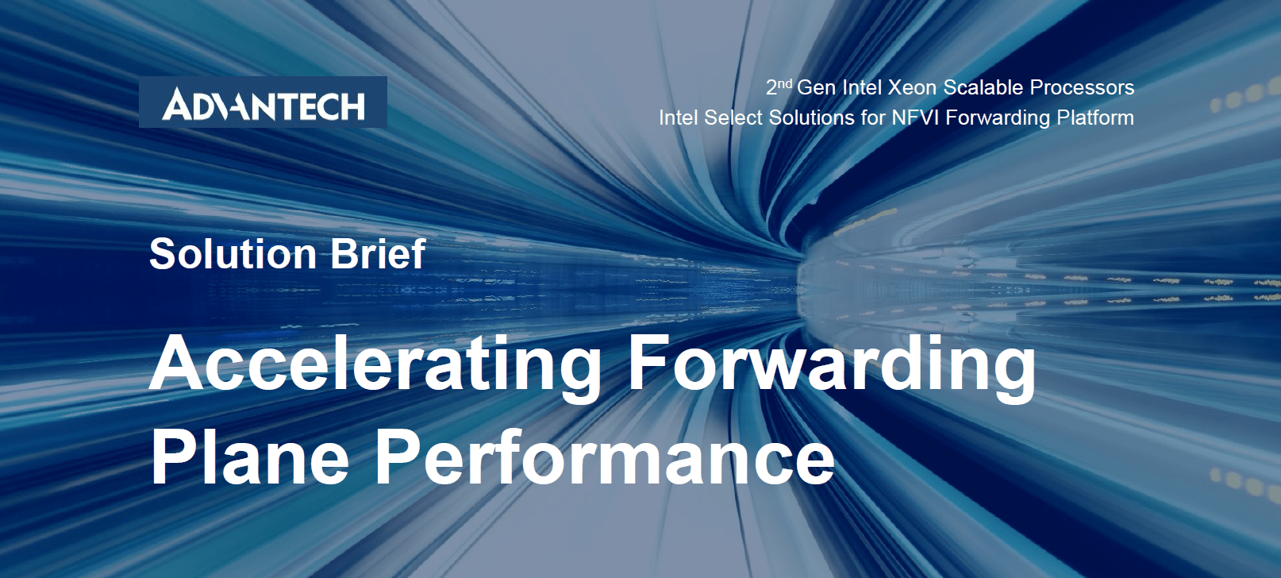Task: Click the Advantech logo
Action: tap(263, 102)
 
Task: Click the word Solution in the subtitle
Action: tap(233, 253)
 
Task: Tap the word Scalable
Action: tap(983, 87)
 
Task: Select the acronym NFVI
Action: tap(916, 118)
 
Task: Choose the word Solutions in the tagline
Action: tap(811, 118)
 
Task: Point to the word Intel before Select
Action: tap(679, 118)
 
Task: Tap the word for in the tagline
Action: tap(873, 118)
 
